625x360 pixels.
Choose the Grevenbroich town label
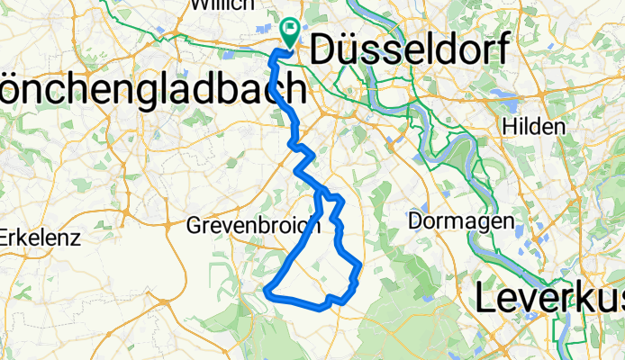[x=252, y=227]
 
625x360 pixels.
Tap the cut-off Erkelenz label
[x=41, y=238]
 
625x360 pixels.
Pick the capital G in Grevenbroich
[x=194, y=227]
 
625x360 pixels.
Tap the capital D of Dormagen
[x=415, y=220]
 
